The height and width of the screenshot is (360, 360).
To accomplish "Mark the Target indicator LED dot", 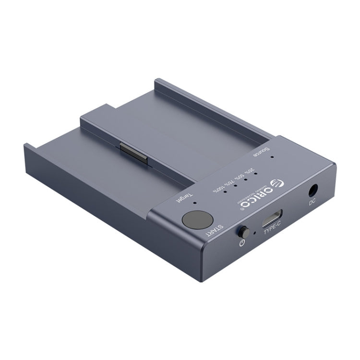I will click(193, 196).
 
